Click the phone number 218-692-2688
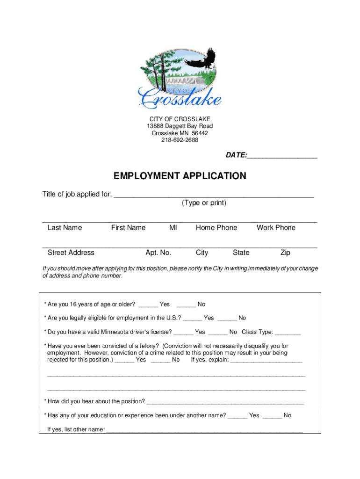180,140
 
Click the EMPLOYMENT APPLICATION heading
180,176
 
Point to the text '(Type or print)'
204,203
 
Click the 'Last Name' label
65,228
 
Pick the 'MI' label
173,228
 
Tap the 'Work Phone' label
276,228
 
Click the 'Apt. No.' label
158,253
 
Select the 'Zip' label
285,253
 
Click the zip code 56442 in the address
199,133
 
